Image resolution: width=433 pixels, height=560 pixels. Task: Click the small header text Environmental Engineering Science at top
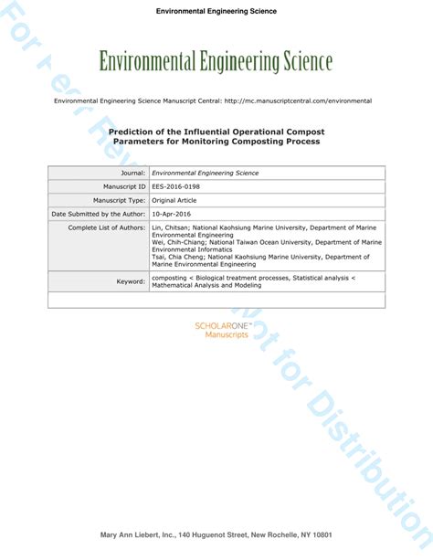coord(216,12)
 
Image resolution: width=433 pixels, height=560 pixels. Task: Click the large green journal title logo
coord(216,62)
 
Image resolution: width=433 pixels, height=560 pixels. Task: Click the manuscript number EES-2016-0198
coord(175,186)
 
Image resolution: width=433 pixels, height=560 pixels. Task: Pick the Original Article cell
coord(175,200)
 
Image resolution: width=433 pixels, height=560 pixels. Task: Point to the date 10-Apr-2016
coord(172,214)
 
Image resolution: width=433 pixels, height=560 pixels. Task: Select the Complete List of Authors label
coord(107,227)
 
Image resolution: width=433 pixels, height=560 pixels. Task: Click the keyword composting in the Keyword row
coord(169,278)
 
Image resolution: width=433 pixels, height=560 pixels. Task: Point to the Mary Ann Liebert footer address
coord(216,535)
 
